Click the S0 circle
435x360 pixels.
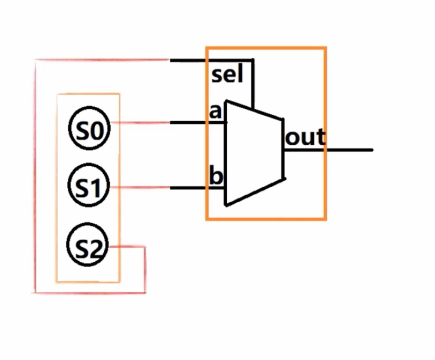pos(88,130)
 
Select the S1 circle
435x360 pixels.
pos(88,187)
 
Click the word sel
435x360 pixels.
pos(227,75)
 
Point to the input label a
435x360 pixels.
pos(215,111)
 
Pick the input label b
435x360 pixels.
pos(215,176)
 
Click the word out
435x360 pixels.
pos(305,137)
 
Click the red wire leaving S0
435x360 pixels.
pos(140,122)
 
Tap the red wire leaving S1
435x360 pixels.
pos(140,188)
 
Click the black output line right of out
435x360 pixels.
pos(350,149)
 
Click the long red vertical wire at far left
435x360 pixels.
pos(34,175)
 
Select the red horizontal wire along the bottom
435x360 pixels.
pos(90,292)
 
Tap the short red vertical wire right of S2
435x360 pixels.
pos(145,270)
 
